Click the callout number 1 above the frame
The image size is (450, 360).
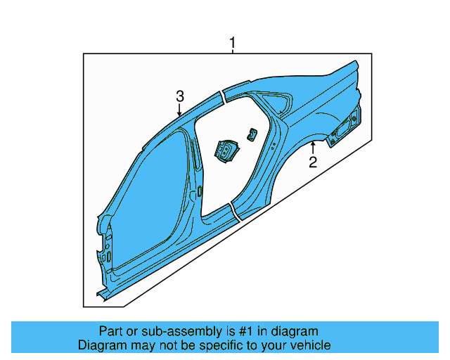pyautogui.click(x=233, y=44)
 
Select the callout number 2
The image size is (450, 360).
pyautogui.click(x=313, y=163)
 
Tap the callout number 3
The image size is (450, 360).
pyautogui.click(x=180, y=96)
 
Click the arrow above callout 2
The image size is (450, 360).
pyautogui.click(x=313, y=148)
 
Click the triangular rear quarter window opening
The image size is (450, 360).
pyautogui.click(x=283, y=103)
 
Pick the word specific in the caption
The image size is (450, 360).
pyautogui.click(x=231, y=345)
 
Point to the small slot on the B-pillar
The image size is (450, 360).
pyautogui.click(x=200, y=191)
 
